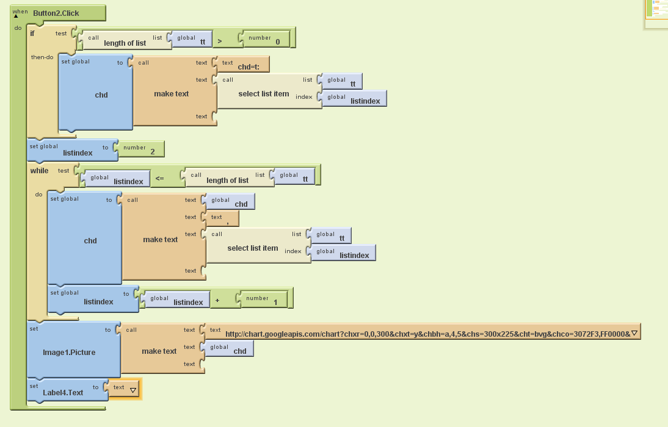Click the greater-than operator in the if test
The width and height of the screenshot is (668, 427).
(x=220, y=41)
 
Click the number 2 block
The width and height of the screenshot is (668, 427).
(x=140, y=149)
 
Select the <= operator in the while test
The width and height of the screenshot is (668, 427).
(x=159, y=178)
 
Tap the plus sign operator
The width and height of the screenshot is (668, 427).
(x=217, y=301)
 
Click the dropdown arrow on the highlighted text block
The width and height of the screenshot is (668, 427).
(x=133, y=390)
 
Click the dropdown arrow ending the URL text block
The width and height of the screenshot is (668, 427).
(x=634, y=333)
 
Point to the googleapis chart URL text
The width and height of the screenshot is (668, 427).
(x=427, y=334)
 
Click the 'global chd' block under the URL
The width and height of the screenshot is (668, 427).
(x=230, y=348)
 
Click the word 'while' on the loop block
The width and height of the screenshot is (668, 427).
(x=39, y=171)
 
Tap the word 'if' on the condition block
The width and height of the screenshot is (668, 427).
(x=32, y=33)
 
